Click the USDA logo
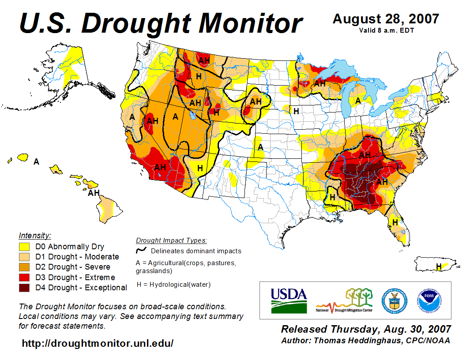(x=289, y=300)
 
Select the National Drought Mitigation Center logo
(x=344, y=300)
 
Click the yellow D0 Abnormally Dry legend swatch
(x=24, y=247)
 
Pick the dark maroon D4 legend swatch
(x=24, y=288)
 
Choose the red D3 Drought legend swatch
(x=24, y=277)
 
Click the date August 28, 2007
(x=386, y=19)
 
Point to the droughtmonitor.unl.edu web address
(x=98, y=343)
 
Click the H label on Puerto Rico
(x=439, y=266)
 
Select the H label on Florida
(x=395, y=221)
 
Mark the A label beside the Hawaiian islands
(x=37, y=162)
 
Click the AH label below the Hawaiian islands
(x=94, y=193)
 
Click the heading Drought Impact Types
(x=171, y=240)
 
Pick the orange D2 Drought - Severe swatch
(x=24, y=267)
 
